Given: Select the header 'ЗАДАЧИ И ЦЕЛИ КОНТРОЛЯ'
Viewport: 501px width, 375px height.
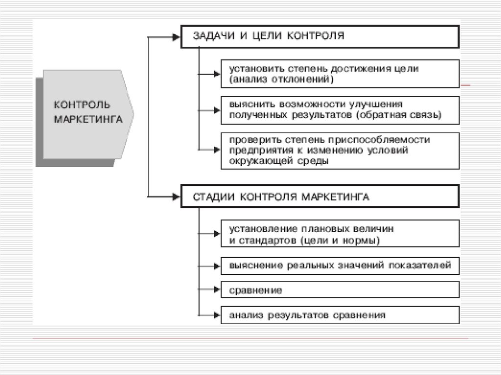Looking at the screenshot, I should (320, 36).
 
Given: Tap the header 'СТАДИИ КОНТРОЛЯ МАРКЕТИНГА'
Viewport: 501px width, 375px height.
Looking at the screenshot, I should (320, 197).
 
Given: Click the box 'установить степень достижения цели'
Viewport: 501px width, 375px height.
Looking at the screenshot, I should (340, 74).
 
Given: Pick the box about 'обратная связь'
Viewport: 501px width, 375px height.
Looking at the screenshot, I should (340, 110).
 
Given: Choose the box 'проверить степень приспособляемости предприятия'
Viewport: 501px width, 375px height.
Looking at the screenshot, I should (340, 150).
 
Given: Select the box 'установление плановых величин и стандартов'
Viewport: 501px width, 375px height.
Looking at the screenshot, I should (340, 234).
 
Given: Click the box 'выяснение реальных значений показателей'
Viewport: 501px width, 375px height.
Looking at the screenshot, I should (340, 266).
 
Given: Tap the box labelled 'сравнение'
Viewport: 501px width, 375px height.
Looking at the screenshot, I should (340, 290).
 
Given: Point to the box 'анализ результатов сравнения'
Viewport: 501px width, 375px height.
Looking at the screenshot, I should (340, 315).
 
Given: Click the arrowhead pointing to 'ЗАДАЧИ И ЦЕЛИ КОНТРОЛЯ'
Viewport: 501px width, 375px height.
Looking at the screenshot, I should (175, 36).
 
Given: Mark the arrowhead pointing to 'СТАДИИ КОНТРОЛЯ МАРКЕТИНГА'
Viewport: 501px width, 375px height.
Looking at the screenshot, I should (175, 197).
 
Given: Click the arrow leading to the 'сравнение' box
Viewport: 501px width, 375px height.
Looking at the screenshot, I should (216, 290).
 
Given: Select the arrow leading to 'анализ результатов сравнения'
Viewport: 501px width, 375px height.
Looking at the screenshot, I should (216, 315).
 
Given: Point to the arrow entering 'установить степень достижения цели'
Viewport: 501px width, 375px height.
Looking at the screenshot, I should (216, 74).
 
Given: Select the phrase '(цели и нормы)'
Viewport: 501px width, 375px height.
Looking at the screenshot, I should (341, 240).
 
